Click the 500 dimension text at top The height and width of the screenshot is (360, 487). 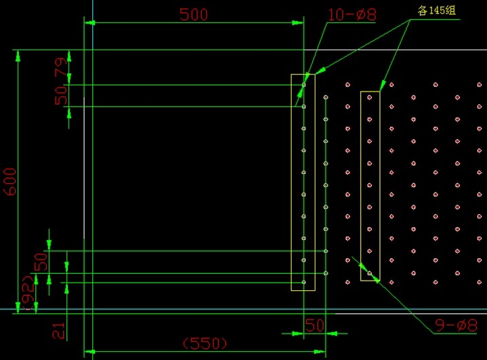point(194,14)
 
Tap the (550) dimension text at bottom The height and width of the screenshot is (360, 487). point(205,344)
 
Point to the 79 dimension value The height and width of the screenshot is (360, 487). point(61,68)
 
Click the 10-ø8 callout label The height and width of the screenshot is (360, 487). point(351,14)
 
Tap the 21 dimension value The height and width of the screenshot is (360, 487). point(59,330)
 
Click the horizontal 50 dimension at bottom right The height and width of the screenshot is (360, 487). point(315,325)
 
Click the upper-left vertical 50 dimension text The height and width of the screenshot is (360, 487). point(62,95)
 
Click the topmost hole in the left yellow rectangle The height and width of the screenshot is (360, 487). point(304,85)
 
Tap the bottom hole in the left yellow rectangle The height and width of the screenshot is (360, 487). point(304,281)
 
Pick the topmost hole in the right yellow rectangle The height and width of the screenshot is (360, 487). point(370,98)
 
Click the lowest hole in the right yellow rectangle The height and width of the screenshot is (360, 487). point(370,273)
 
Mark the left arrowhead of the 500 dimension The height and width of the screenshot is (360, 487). point(89,23)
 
